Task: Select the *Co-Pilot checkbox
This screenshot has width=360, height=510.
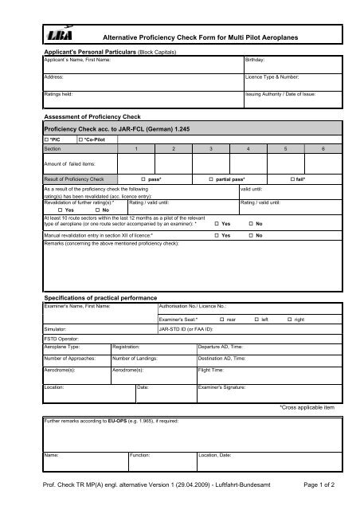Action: pyautogui.click(x=81, y=139)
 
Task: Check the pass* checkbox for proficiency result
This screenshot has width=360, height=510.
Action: pyautogui.click(x=143, y=179)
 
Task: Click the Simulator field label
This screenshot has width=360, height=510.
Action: pyautogui.click(x=57, y=328)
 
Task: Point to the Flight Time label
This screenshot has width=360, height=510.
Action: pyautogui.click(x=211, y=370)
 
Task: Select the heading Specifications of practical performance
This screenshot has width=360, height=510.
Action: pyautogui.click(x=98, y=296)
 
